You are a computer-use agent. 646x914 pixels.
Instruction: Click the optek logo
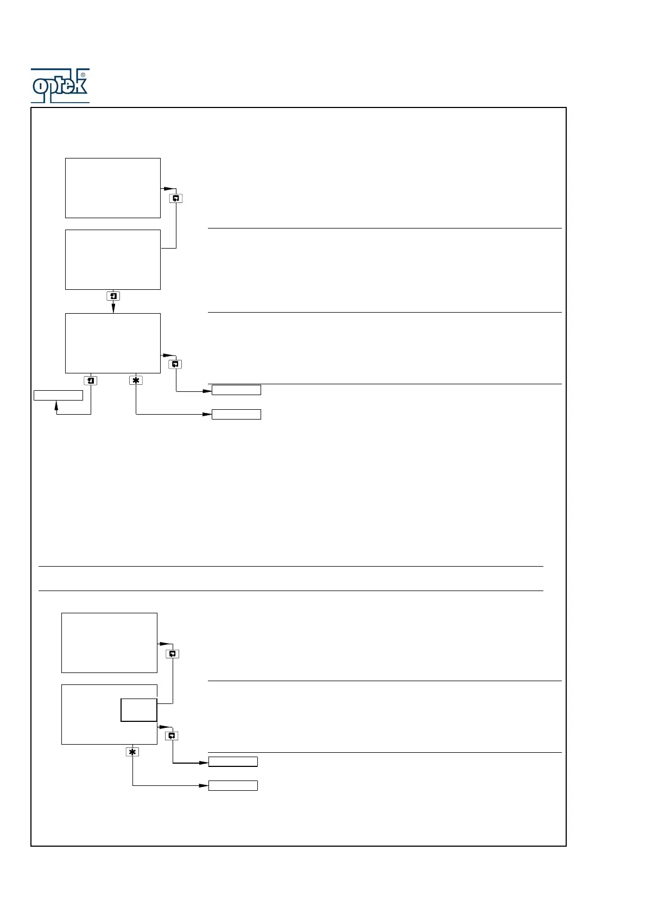pos(60,86)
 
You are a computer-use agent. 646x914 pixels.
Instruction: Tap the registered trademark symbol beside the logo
pos(83,75)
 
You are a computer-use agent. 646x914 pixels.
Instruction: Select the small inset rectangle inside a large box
pos(138,710)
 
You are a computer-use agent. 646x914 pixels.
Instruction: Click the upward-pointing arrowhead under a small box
pos(56,405)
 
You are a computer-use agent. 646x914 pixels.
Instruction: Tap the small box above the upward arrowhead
pos(58,395)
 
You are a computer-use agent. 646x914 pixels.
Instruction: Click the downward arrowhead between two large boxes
pos(113,308)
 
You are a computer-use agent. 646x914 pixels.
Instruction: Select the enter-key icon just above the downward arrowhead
pos(113,296)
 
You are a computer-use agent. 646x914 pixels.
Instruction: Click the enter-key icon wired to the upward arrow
pos(91,380)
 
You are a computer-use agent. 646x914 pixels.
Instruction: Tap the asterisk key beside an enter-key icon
pos(136,380)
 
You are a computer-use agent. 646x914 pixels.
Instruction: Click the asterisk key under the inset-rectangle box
pos(132,752)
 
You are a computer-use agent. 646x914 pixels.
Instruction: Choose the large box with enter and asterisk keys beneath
pos(112,343)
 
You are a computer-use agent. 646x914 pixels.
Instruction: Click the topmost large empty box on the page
pos(112,188)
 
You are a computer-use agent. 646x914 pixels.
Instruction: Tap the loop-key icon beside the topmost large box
pos(175,199)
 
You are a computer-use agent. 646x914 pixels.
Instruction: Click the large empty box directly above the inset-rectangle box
pos(109,643)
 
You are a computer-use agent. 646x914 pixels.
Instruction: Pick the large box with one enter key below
pos(112,259)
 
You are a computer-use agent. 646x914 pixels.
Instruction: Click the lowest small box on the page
pos(233,785)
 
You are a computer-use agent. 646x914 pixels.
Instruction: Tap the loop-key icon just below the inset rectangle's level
pos(172,736)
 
